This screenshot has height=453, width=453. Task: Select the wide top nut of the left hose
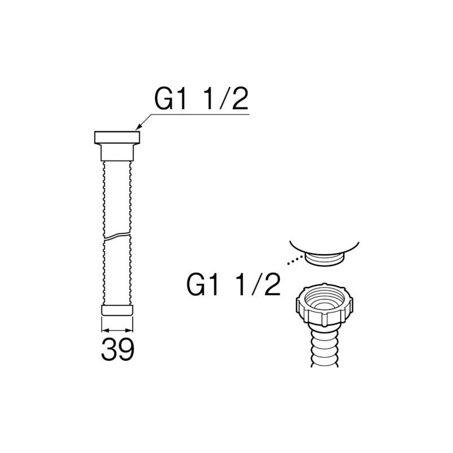point(117,138)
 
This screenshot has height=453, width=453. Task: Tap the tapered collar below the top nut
point(117,152)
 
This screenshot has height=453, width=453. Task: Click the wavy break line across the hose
point(117,236)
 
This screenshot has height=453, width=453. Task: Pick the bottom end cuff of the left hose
point(117,310)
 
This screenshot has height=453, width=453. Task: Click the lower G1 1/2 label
point(234,284)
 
